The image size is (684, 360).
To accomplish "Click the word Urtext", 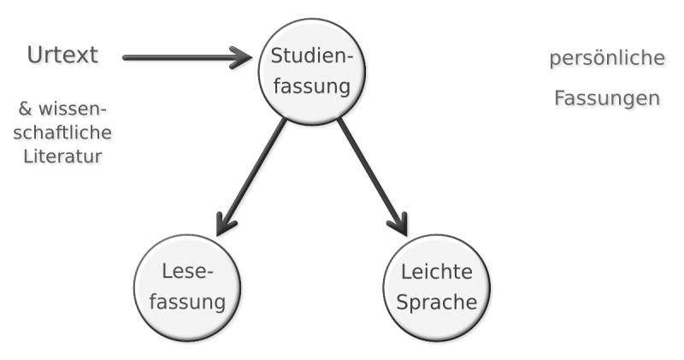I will (x=62, y=56).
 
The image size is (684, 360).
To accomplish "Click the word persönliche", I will (x=607, y=60).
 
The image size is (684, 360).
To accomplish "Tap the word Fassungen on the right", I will (x=607, y=99).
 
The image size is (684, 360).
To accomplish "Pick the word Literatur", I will (x=62, y=156).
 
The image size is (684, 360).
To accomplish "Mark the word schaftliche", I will (x=63, y=133).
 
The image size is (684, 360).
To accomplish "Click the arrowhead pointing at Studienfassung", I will (x=244, y=58).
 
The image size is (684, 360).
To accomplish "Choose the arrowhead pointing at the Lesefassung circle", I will (x=223, y=223).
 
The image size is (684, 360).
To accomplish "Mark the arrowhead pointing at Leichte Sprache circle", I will (x=398, y=223).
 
